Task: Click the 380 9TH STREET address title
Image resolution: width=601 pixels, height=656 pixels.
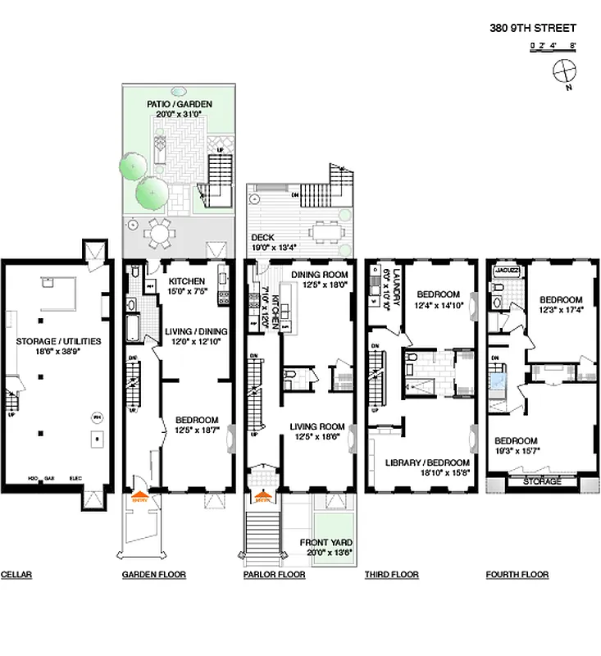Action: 533,28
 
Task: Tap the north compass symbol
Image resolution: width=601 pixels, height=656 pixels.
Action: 565,71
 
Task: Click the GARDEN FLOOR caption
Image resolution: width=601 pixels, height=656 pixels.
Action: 153,575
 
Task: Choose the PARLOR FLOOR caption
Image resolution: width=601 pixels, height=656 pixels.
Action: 274,575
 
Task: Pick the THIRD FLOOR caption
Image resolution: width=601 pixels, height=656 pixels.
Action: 391,575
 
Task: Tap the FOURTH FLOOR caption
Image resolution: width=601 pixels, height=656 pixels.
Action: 517,575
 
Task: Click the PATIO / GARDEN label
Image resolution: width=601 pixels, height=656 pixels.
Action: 180,104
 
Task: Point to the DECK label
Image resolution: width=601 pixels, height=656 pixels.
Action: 263,238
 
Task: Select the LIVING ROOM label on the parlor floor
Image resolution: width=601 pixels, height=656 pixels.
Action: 316,426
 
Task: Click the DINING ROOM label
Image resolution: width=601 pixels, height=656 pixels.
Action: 320,275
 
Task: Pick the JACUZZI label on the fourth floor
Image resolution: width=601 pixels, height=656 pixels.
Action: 501,268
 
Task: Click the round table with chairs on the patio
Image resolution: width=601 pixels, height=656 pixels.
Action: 162,233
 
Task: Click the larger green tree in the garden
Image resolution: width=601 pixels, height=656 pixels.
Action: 153,194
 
